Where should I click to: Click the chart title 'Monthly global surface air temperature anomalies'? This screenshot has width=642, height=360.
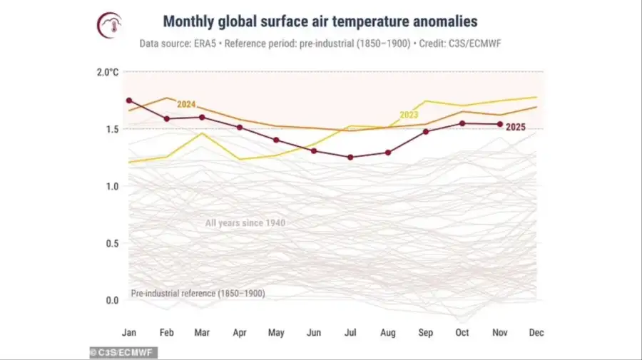[320, 22]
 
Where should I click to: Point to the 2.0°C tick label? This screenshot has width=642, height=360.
[107, 72]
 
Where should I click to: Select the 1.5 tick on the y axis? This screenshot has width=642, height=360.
[111, 129]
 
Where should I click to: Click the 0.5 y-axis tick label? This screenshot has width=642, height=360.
[111, 243]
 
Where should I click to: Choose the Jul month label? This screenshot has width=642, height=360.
[350, 332]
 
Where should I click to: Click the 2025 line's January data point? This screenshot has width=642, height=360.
[128, 101]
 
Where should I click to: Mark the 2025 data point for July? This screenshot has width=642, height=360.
[350, 157]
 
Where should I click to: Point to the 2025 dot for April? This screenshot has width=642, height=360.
[240, 128]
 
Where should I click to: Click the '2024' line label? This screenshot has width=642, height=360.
[186, 105]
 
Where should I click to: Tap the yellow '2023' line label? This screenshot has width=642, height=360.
[409, 114]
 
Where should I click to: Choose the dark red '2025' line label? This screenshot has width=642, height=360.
[516, 127]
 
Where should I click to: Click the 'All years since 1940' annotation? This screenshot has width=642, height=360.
[245, 223]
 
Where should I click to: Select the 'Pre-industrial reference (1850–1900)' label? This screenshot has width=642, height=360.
[198, 294]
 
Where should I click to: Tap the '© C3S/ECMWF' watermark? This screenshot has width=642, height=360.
[123, 352]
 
